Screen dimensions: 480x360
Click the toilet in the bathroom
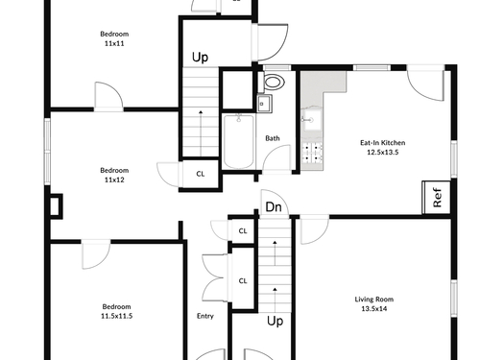click(272, 82)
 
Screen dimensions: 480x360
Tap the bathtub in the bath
click(239, 142)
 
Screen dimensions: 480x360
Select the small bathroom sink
click(265, 104)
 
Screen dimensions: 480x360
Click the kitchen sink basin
click(312, 120)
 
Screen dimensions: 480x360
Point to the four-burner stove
click(312, 153)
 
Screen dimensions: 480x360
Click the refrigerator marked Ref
click(437, 198)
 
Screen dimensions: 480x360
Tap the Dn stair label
click(274, 207)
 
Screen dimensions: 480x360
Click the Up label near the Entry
click(276, 321)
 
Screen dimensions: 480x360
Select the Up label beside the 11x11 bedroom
click(200, 58)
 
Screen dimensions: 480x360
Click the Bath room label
click(273, 138)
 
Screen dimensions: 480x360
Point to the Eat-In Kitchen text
click(383, 143)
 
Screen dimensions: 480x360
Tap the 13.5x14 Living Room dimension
click(374, 309)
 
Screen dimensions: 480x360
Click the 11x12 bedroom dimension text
click(114, 180)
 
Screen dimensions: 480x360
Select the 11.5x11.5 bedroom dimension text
click(117, 316)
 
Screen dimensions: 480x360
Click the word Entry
click(205, 316)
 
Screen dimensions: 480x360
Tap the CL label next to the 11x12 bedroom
click(201, 174)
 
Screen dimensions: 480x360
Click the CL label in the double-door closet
click(243, 281)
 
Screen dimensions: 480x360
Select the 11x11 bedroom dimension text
click(114, 43)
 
